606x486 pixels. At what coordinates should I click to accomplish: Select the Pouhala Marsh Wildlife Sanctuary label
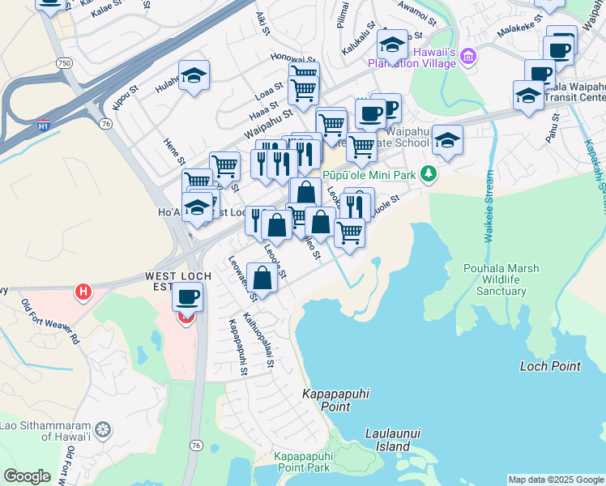(x=495, y=279)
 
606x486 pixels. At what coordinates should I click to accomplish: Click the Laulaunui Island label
(x=387, y=440)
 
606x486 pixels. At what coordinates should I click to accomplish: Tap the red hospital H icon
(x=82, y=291)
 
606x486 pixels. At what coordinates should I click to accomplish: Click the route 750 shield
(x=62, y=62)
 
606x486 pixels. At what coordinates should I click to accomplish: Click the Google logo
(x=27, y=476)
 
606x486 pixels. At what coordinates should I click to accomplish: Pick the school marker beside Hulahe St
(x=194, y=77)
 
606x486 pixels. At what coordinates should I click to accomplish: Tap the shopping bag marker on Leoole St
(x=262, y=279)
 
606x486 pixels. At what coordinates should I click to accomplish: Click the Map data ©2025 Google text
(x=556, y=480)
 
